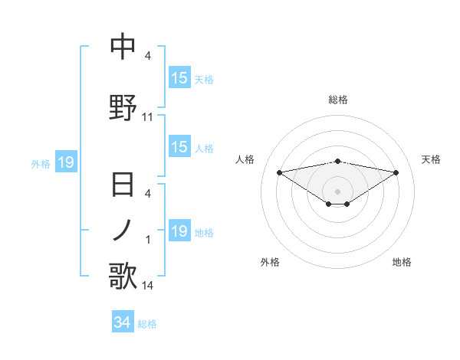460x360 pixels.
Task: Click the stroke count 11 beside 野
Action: click(x=148, y=117)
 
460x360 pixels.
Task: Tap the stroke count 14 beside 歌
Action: click(x=148, y=286)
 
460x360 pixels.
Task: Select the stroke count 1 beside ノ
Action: click(x=148, y=241)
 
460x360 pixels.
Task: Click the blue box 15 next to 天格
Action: click(x=179, y=78)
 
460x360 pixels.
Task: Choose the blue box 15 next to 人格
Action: click(x=179, y=148)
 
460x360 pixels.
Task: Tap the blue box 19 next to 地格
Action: click(x=179, y=231)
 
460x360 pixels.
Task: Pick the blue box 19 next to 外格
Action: click(x=65, y=162)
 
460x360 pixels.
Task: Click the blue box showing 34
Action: click(x=123, y=322)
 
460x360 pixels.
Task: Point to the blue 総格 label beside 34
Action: click(x=148, y=324)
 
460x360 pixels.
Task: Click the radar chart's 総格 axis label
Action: click(x=338, y=100)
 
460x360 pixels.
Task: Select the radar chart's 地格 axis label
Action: click(x=402, y=263)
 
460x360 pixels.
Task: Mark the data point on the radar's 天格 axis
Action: click(x=396, y=172)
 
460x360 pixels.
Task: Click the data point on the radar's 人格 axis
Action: click(x=279, y=172)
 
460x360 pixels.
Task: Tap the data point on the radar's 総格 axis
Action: click(x=338, y=161)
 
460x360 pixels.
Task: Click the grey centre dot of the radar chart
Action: click(x=338, y=191)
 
